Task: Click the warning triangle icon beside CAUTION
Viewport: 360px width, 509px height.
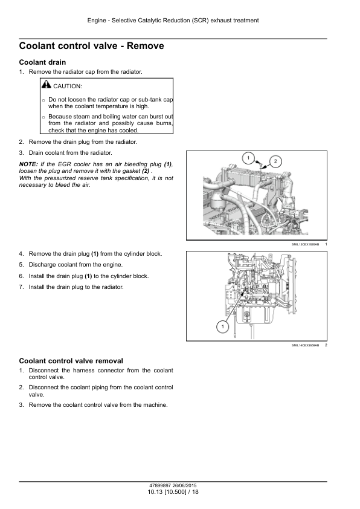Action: coord(47,85)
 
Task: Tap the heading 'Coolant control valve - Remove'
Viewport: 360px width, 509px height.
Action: coord(91,46)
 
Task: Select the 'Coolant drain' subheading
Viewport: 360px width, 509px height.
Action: coord(42,62)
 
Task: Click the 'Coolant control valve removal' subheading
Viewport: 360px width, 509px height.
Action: coord(71,361)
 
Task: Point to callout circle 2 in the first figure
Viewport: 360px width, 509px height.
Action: coord(275,161)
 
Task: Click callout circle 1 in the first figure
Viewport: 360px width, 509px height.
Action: coord(248,158)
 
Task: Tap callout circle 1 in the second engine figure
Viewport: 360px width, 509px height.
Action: coord(222,326)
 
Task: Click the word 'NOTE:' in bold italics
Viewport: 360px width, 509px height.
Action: coord(28,164)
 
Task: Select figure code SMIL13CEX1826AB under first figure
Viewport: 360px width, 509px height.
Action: coord(305,244)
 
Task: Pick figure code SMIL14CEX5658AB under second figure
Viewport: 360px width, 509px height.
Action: coord(305,345)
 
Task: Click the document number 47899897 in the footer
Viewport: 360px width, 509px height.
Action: coord(160,485)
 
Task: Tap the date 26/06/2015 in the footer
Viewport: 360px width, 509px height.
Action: coord(185,485)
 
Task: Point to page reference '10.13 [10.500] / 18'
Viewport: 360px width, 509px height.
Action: coord(173,492)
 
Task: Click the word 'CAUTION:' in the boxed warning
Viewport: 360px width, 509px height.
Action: coord(68,86)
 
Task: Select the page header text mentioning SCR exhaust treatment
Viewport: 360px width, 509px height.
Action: coord(173,21)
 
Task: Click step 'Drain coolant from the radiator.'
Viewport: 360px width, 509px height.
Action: coord(71,153)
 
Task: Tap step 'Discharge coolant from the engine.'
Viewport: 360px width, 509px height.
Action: coord(76,265)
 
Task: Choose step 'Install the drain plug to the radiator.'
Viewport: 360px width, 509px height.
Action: coord(76,287)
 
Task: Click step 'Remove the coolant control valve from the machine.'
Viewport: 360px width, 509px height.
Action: coord(98,405)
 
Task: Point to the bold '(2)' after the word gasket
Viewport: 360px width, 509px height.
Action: coord(146,171)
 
